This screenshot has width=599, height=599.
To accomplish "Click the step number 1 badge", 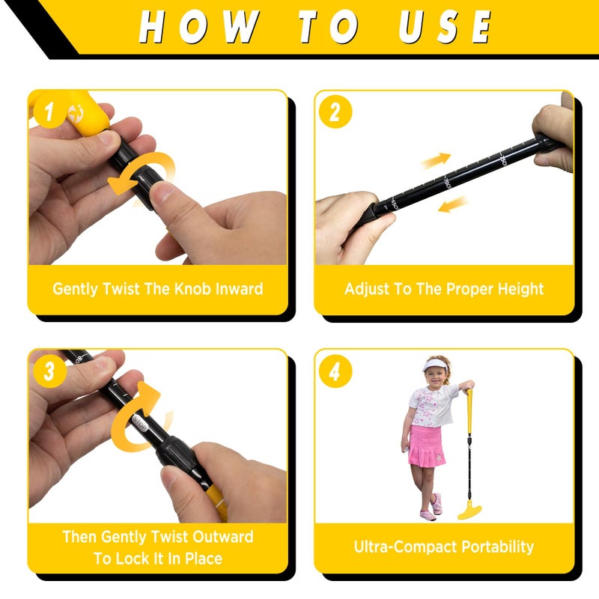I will coord(49,113).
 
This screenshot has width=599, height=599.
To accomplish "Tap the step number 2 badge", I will coord(335,112).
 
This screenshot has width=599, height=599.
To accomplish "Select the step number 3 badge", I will coord(49,371).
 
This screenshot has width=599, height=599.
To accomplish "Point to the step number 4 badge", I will coord(335,371).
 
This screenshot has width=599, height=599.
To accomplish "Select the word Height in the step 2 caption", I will coord(517,288).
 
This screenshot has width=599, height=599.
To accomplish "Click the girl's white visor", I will coord(435,365).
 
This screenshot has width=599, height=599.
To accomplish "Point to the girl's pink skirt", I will coord(428,445).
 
